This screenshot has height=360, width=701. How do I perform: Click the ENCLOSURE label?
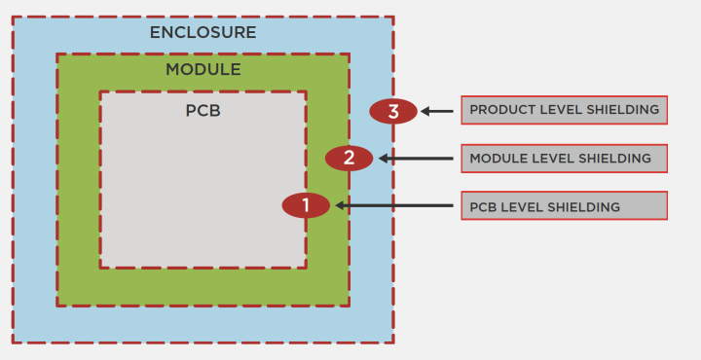[x=203, y=32]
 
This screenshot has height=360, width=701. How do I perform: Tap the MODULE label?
[x=203, y=70]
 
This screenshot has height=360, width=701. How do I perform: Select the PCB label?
[x=203, y=110]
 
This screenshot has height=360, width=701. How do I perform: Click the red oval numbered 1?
[x=306, y=205]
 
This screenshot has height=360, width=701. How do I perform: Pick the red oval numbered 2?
[x=349, y=158]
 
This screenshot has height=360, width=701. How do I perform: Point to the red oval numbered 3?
[x=393, y=111]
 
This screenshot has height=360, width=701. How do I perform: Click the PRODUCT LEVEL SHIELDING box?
[x=564, y=110]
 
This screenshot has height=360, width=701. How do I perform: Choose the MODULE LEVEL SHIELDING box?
[x=564, y=158]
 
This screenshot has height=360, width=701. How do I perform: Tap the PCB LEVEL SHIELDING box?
[x=564, y=205]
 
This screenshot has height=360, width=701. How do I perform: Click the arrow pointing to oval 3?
[x=437, y=111]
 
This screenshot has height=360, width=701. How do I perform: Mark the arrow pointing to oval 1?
[x=393, y=205]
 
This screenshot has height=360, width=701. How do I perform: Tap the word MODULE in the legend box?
[x=495, y=159]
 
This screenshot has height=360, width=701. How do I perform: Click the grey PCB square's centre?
[x=203, y=180]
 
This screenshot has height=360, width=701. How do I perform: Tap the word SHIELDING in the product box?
[x=619, y=110]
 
